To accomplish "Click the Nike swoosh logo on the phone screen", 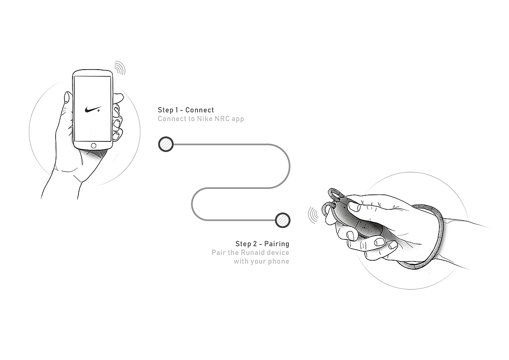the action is [x=92, y=109].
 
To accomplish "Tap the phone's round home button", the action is [x=93, y=145].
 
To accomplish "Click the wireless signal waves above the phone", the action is [x=120, y=68].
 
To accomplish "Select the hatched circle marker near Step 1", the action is [x=165, y=144].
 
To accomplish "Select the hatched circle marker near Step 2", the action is [x=282, y=220].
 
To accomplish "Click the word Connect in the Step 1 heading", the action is [x=200, y=110].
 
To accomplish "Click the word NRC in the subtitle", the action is [x=221, y=119].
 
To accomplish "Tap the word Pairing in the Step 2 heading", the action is [x=277, y=244].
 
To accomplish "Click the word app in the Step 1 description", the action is [x=238, y=119].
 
